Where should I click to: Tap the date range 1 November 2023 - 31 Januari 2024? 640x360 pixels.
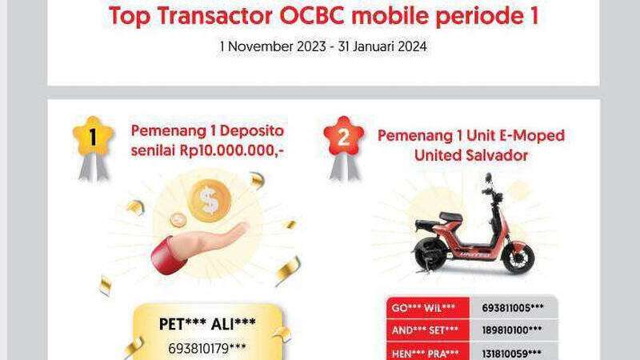pos(323,47)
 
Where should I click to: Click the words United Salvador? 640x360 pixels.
pos(471,155)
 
